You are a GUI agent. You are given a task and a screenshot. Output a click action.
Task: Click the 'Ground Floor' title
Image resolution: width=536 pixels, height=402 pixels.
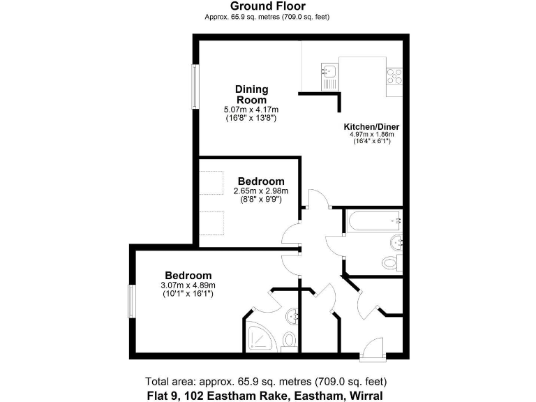pos(267,6)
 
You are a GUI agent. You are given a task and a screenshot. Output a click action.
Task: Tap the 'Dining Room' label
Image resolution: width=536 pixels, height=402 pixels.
pos(251,94)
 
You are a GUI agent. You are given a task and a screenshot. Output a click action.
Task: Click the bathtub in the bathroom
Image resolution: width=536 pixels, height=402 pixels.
pos(372,221)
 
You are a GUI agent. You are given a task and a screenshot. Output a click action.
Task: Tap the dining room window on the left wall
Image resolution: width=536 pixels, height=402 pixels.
pos(195,87)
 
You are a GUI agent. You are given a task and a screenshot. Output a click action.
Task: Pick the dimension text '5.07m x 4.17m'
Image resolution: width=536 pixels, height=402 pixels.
pos(251,110)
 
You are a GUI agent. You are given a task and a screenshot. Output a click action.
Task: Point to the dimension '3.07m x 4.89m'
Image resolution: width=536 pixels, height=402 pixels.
pos(188,285)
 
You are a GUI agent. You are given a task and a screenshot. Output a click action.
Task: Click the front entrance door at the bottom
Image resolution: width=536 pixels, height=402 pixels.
pos(373,348)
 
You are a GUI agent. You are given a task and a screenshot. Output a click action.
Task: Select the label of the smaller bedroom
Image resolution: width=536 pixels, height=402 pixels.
pos(261,181)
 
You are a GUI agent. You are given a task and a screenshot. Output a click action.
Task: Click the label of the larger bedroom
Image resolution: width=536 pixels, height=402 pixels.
pos(188,276)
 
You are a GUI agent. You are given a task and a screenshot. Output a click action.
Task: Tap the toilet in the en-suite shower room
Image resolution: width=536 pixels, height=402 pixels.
pos(290,341)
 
